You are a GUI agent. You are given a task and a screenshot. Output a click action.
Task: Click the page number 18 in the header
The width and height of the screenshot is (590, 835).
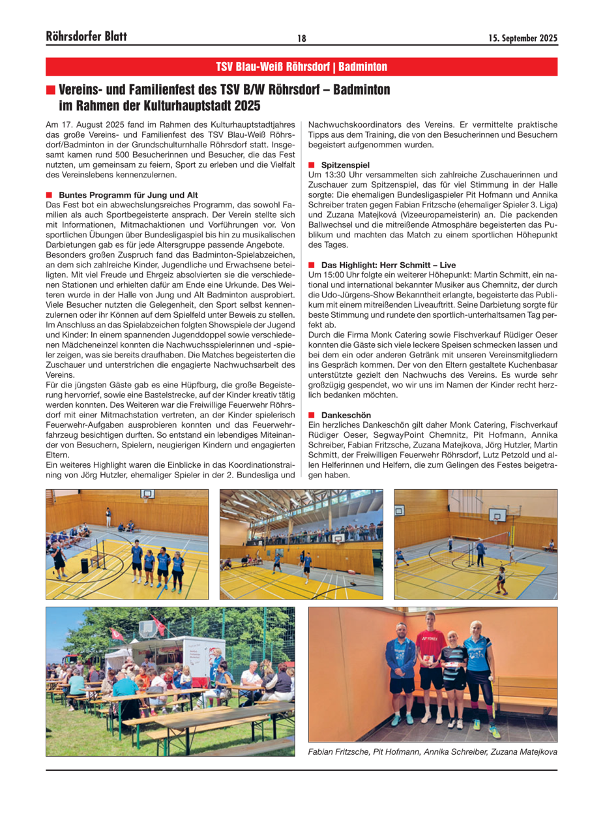coord(302,38)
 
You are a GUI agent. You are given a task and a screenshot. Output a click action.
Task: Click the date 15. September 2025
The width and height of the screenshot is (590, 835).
coord(523,38)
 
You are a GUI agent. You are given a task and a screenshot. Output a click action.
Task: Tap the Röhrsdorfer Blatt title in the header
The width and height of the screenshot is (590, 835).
coord(87,37)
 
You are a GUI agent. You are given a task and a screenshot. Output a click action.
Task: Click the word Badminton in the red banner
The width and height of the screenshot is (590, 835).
coord(363,67)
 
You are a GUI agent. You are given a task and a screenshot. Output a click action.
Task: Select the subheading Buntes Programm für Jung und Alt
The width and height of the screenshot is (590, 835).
coord(128,195)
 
